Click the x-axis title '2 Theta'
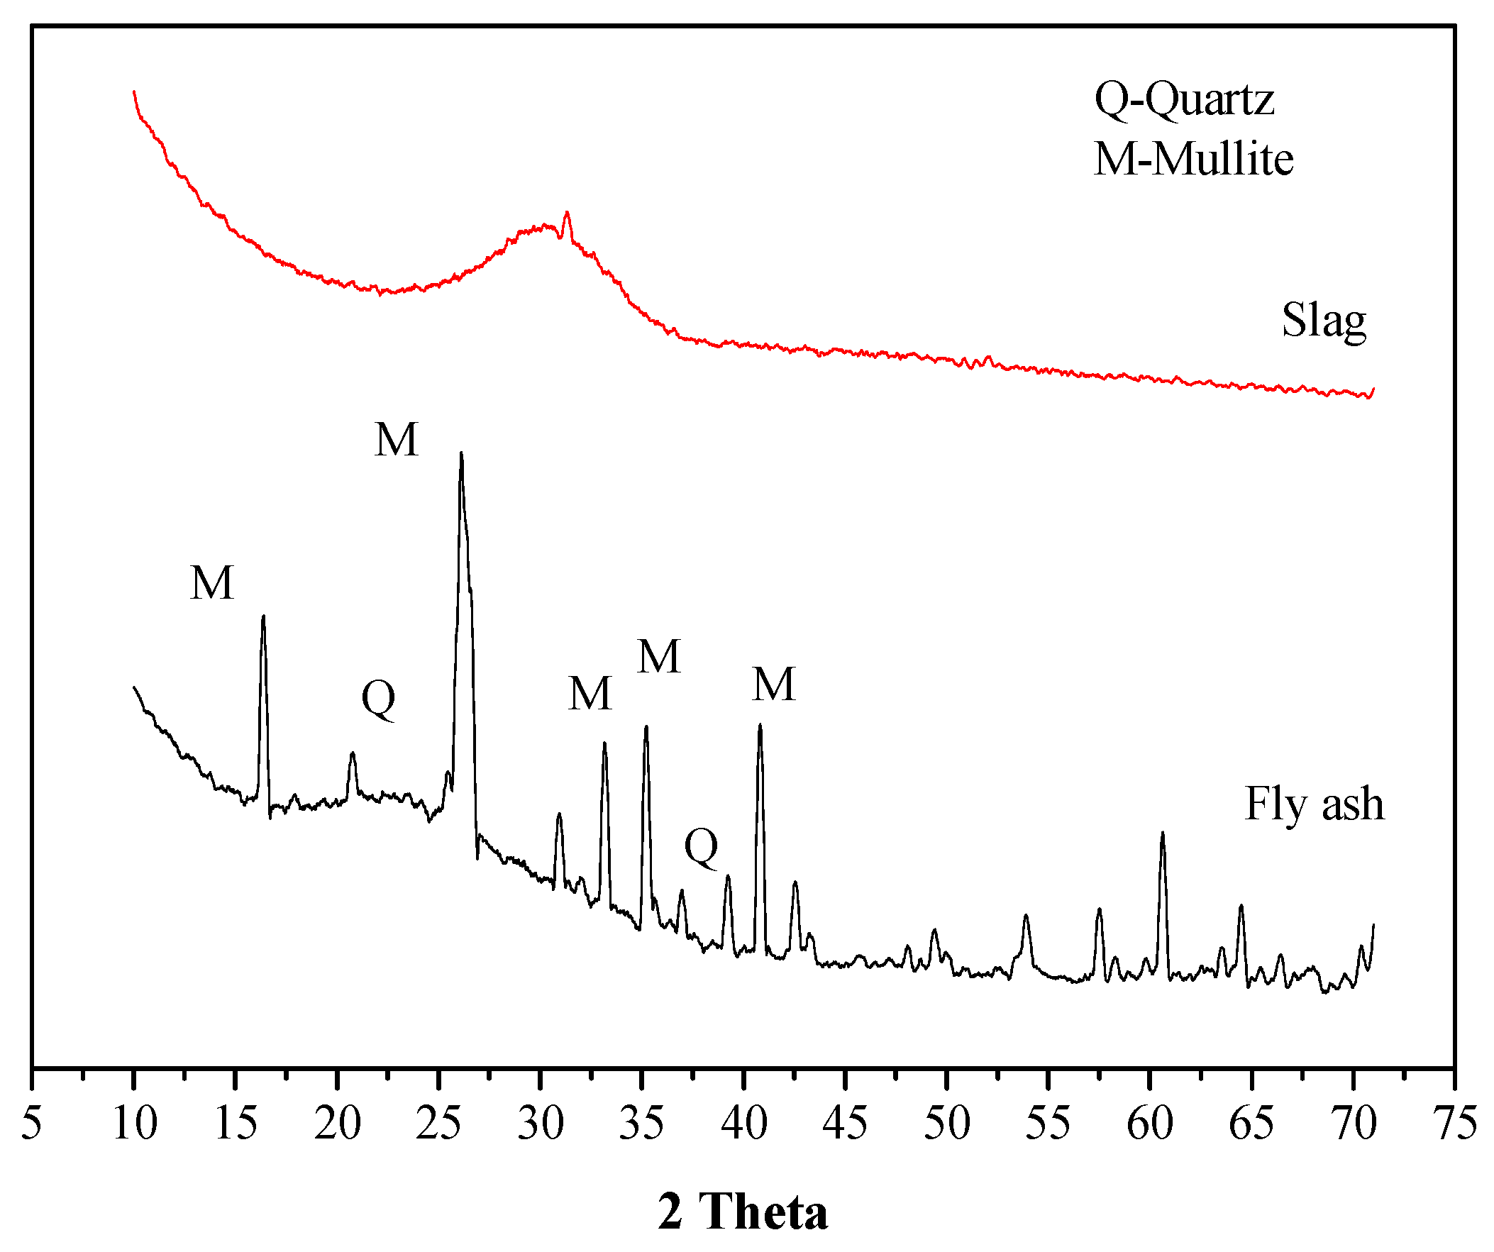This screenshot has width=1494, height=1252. point(743,1211)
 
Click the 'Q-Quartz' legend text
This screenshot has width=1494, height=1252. point(1184,99)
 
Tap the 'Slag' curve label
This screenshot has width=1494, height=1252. point(1323,321)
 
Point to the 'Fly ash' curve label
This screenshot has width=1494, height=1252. point(1315,804)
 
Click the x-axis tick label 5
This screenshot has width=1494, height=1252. point(31,1123)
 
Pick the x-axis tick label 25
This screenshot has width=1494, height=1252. point(438,1123)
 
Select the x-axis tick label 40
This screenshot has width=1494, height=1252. point(743,1123)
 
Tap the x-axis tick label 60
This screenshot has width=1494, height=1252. point(1150,1123)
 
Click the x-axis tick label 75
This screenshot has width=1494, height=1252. point(1454,1123)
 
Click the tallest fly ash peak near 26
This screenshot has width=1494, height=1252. point(461,454)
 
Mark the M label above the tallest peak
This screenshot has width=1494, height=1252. point(397,439)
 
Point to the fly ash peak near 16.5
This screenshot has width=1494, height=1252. point(263,617)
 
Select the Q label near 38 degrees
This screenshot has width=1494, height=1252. point(701,846)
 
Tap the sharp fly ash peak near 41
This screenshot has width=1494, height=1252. point(760,726)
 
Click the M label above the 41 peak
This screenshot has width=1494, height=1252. point(774,685)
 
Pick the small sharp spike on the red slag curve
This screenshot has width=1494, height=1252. point(567,213)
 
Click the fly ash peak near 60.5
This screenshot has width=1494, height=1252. point(1163,833)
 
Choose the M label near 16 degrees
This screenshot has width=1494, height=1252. point(212,582)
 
